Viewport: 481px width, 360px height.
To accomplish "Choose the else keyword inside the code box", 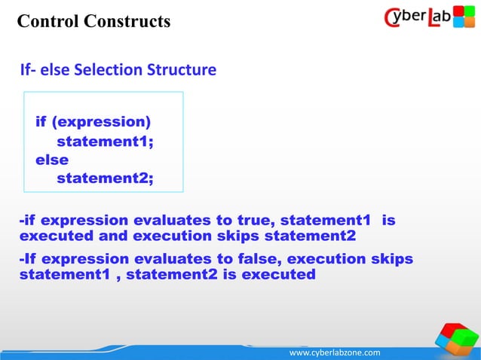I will (52, 160).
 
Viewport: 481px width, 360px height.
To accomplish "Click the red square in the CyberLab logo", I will (458, 11).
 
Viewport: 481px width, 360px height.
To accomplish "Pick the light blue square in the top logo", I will (458, 23).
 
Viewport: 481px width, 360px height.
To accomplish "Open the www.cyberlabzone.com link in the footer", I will (335, 352).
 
